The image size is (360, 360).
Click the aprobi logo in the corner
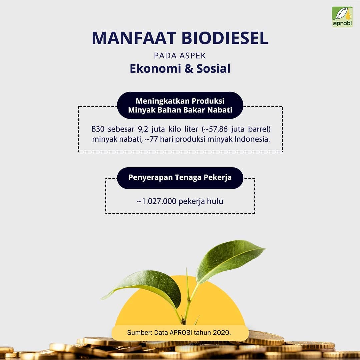point(342,17)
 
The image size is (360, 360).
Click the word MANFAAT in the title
point(134,38)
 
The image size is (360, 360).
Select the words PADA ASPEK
point(180,56)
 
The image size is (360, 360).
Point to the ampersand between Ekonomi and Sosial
point(189,68)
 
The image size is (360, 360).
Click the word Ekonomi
point(155,68)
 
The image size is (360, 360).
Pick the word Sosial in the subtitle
point(213,68)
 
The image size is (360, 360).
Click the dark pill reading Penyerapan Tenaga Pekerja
point(180,178)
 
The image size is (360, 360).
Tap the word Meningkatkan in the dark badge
point(163,101)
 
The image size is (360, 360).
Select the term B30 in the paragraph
point(98,129)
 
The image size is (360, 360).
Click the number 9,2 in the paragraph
point(143,129)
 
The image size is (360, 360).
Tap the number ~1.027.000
point(156,201)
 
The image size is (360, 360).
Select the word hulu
point(215,201)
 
